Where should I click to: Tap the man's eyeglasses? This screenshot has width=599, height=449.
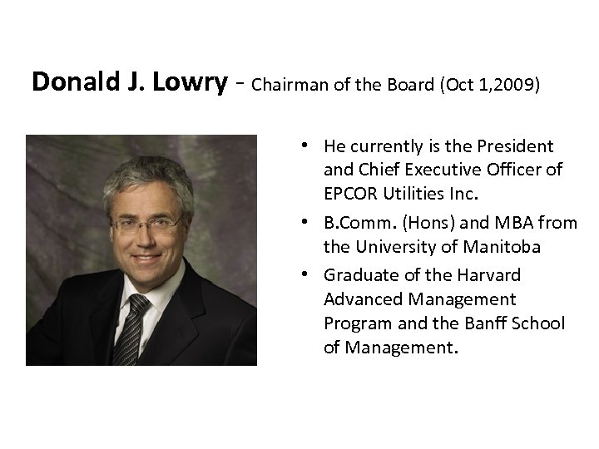[x=146, y=223]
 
